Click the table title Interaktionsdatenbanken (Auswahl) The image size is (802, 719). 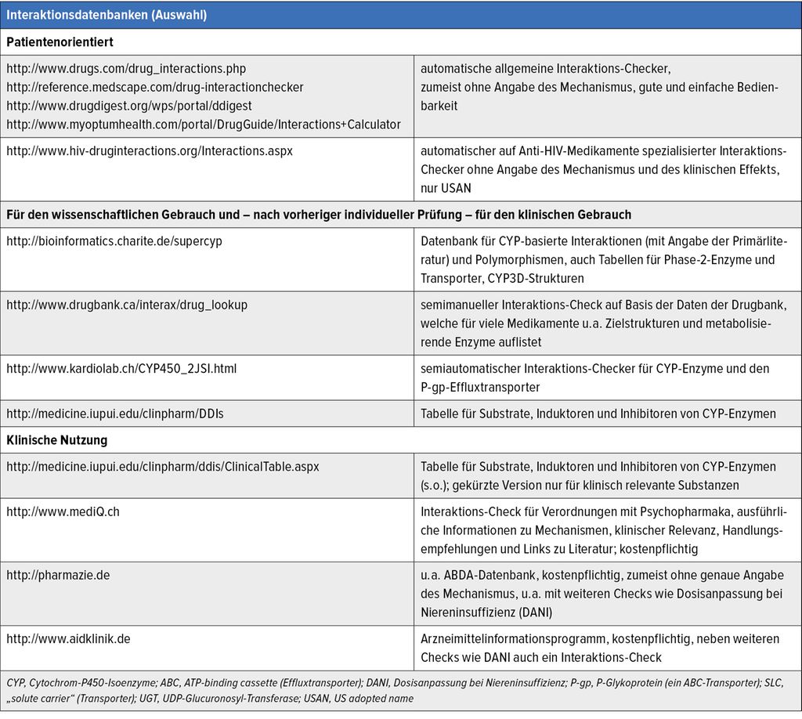[x=107, y=15]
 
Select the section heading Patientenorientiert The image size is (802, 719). [x=60, y=42]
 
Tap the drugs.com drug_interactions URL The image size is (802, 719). [x=126, y=69]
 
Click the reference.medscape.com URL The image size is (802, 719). [x=155, y=87]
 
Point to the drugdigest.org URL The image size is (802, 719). [x=129, y=106]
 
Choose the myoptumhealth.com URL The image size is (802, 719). [x=204, y=125]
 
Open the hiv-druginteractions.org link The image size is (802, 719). [x=150, y=150]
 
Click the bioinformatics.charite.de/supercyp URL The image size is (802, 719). [x=114, y=241]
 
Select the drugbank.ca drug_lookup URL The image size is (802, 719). [x=127, y=305]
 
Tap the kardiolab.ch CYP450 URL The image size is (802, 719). [x=121, y=368]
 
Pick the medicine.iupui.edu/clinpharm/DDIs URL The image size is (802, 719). [x=115, y=414]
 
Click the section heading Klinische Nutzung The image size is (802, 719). [x=57, y=440]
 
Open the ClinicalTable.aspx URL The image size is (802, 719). [x=163, y=466]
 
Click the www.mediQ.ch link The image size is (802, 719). [x=63, y=511]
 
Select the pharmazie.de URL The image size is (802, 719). [x=58, y=575]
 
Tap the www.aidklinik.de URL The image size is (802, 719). [x=68, y=638]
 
